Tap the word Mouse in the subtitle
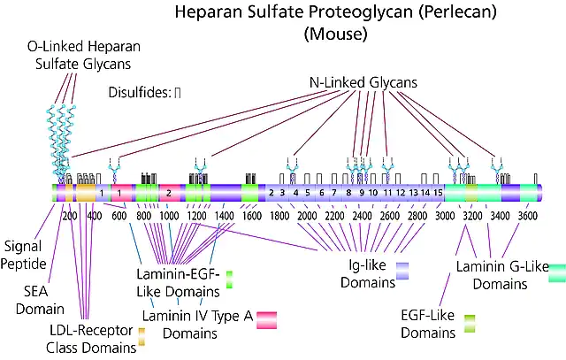click(336, 34)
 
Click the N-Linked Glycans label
click(363, 82)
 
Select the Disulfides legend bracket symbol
click(177, 93)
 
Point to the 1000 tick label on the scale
click(169, 216)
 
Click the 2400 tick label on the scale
click(362, 216)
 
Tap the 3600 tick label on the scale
click(528, 216)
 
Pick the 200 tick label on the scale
click(69, 216)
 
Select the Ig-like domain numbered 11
click(387, 193)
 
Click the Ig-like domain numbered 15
click(438, 193)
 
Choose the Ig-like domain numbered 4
click(295, 193)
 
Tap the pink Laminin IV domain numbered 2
click(169, 193)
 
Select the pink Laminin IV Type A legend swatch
click(267, 320)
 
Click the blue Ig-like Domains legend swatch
click(402, 272)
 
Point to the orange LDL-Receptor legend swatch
click(141, 336)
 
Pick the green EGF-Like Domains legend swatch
click(470, 324)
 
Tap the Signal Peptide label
click(24, 255)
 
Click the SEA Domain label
click(40, 300)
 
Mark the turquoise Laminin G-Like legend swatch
click(557, 273)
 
